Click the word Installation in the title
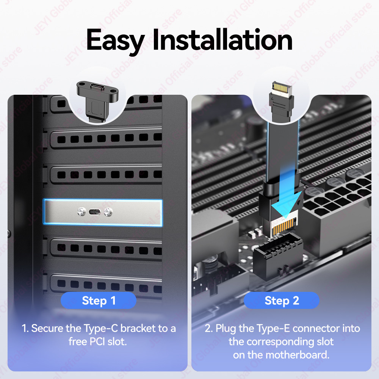222,39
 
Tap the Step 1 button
99,301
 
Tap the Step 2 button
282,301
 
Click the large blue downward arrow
287,193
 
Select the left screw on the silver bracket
81,212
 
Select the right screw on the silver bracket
108,212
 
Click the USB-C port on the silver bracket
94,212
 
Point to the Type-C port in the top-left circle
97,87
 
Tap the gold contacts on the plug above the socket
284,227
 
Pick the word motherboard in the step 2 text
297,355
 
